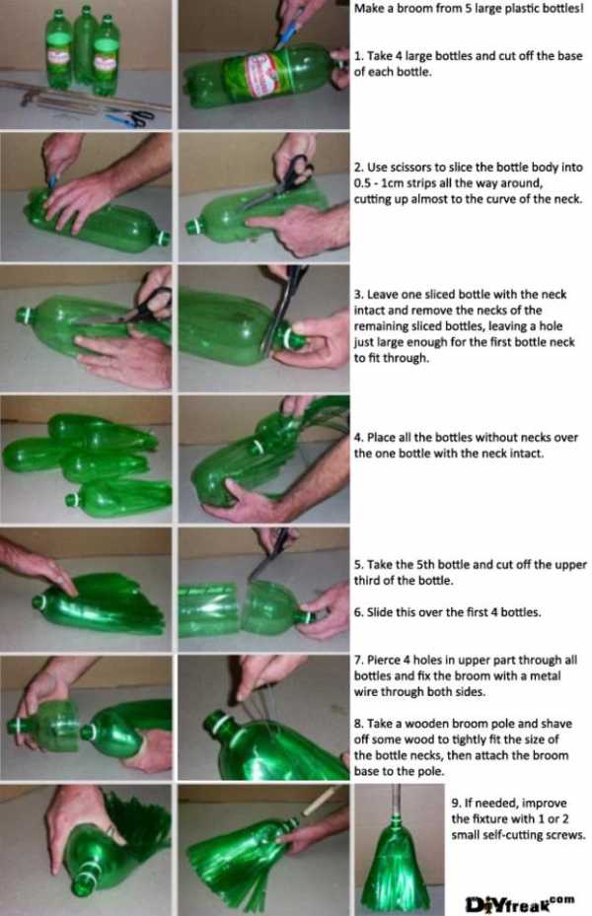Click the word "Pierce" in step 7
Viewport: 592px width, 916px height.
(x=383, y=660)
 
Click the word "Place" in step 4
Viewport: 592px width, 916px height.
(x=381, y=437)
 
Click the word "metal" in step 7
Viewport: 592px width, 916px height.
(x=545, y=675)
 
